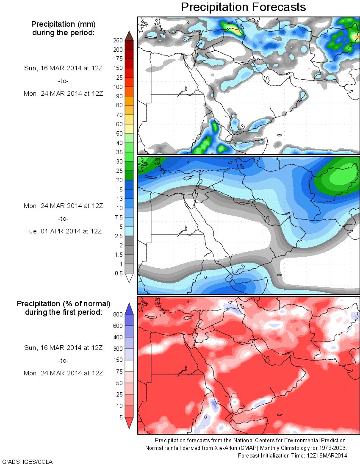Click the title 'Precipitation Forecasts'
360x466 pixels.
(x=243, y=7)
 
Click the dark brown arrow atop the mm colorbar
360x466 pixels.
(x=129, y=36)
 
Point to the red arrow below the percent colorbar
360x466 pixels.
(x=129, y=423)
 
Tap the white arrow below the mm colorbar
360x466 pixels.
(x=129, y=278)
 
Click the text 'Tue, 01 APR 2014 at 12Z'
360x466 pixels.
(x=63, y=231)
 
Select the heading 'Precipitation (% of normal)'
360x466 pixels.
(x=64, y=304)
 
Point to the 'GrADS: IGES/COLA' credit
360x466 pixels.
(x=28, y=461)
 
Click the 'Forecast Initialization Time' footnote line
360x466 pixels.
(x=292, y=456)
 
